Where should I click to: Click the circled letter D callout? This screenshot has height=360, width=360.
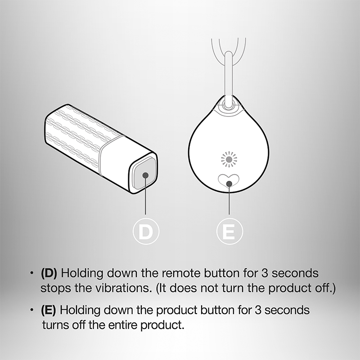(146, 231)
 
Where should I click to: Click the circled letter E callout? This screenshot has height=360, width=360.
(229, 231)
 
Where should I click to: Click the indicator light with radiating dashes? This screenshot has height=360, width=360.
(229, 159)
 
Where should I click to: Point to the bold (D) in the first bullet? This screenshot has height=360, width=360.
(49, 273)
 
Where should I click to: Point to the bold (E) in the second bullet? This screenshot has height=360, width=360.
(48, 310)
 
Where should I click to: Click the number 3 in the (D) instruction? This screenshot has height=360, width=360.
(265, 273)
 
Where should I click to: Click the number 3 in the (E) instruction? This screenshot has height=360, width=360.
(258, 310)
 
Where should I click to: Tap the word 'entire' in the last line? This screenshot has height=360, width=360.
(122, 325)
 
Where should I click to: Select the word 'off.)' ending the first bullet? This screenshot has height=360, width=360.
(325, 288)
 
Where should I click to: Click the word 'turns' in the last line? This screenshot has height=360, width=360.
(55, 325)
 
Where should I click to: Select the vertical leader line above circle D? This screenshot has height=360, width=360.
(145, 195)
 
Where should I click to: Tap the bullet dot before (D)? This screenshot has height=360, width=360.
(31, 273)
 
